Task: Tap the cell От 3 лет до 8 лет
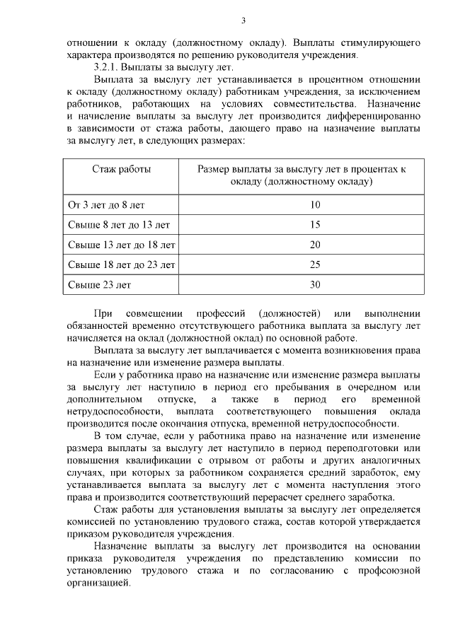105,205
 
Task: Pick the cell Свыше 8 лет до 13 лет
118,225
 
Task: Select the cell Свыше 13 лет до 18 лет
121,245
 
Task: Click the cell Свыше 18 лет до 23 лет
121,264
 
